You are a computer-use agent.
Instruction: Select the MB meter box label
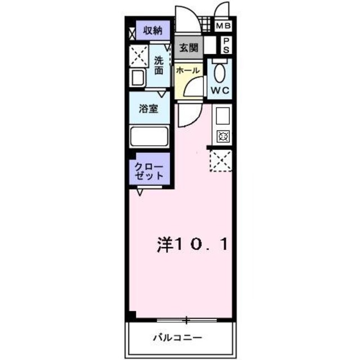223,26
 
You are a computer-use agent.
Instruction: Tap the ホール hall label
187,71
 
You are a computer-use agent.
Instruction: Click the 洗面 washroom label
159,66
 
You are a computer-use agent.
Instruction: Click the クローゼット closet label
149,171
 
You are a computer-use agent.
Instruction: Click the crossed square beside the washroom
138,56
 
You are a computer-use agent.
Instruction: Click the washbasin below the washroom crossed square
137,78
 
